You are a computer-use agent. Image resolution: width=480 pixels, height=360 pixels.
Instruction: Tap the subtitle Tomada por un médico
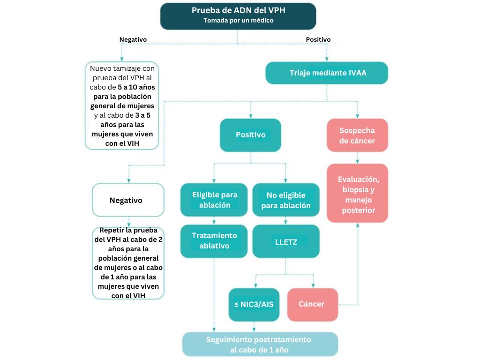(238, 21)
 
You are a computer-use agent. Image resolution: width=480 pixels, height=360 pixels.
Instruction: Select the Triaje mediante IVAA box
(326, 73)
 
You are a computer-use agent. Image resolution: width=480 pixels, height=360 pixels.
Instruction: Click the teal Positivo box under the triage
(250, 135)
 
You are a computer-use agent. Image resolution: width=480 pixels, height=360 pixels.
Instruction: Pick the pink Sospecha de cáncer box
(357, 135)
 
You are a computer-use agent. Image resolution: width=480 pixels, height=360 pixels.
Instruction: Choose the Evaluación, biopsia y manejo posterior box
(357, 193)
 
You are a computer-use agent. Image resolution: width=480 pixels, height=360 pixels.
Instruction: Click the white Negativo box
(128, 200)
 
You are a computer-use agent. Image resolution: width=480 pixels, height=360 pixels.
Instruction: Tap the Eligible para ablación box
(214, 200)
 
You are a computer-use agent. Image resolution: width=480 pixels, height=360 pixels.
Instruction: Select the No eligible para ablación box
(285, 200)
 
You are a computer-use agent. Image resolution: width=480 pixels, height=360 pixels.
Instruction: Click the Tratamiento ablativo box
(214, 240)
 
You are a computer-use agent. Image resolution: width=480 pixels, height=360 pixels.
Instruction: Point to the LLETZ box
(285, 242)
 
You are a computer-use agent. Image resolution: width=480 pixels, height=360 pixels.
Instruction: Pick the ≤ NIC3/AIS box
(254, 304)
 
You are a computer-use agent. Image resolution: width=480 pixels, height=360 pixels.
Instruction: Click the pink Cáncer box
(312, 304)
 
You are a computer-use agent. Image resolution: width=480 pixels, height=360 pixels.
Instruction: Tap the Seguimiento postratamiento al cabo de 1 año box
(260, 345)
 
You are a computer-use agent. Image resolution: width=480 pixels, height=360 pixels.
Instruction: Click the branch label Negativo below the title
(133, 40)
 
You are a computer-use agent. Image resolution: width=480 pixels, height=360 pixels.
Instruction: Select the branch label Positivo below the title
(318, 40)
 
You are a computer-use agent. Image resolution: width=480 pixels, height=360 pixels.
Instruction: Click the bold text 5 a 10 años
(136, 87)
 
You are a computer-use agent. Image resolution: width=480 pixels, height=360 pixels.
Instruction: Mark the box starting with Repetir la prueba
(128, 263)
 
